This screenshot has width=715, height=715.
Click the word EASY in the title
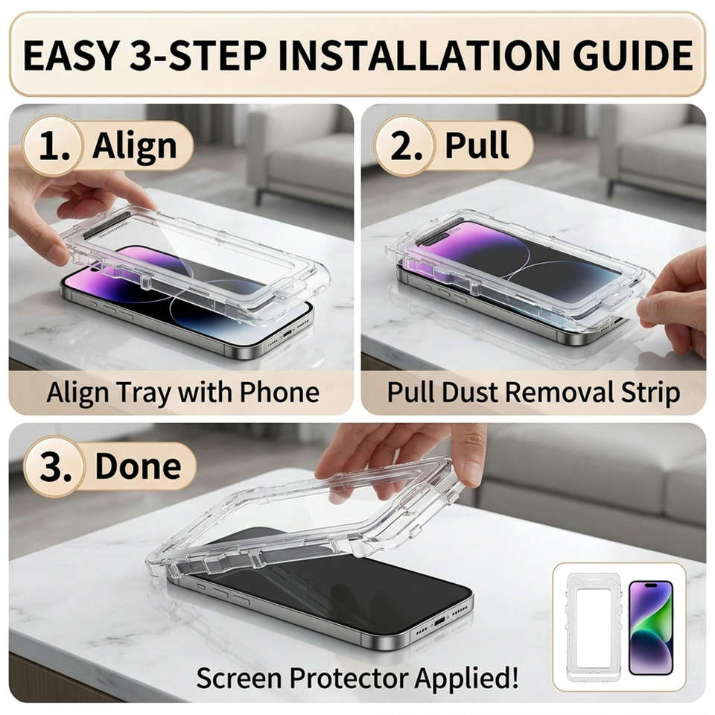[71, 56]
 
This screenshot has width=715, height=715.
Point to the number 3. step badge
[54, 466]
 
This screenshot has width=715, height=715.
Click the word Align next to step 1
[135, 147]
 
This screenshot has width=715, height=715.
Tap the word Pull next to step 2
[477, 145]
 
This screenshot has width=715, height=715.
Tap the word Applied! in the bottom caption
[466, 679]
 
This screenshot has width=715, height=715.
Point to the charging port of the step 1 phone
[287, 334]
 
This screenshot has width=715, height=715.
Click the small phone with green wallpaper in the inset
[651, 627]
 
